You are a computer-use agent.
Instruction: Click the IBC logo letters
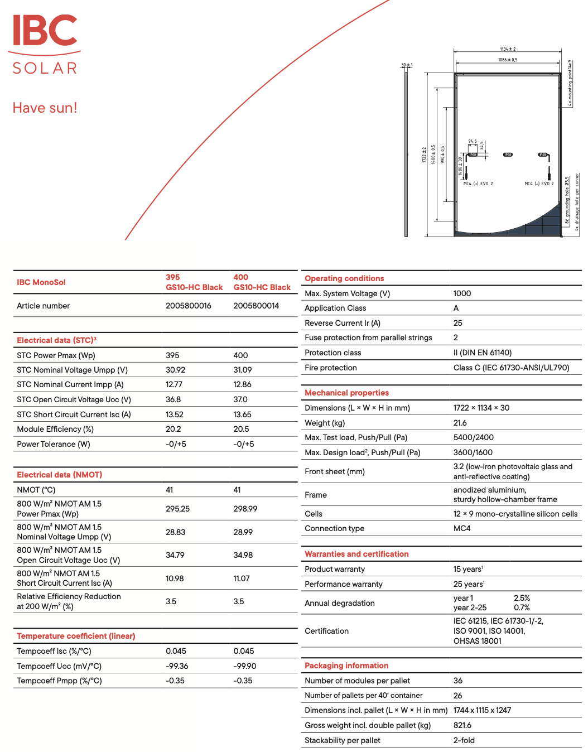coord(45,31)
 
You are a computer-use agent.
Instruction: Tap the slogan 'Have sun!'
coord(45,108)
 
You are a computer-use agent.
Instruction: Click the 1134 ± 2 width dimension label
coord(508,49)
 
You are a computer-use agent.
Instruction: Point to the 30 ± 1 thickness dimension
coord(407,65)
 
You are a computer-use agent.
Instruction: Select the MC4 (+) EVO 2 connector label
coord(478,184)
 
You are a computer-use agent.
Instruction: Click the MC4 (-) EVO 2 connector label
coord(539,184)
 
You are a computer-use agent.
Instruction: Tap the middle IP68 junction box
coord(508,155)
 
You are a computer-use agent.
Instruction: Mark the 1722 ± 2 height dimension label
coord(424,155)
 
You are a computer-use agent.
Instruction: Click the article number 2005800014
coord(256,306)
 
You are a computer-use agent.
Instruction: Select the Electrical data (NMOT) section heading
coord(60,475)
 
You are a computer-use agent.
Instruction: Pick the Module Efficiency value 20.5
coord(241,429)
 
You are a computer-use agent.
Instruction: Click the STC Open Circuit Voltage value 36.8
coord(173,399)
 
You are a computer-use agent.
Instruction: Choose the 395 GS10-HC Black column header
coord(194,282)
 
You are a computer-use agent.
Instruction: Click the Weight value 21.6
coord(460,423)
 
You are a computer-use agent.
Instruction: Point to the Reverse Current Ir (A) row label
coord(343,323)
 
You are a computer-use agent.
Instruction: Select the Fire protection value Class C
coord(511,368)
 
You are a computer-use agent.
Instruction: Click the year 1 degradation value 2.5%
coord(522,598)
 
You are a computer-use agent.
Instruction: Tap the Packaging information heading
coord(346,666)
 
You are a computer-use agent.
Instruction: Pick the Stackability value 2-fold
coord(464,740)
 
